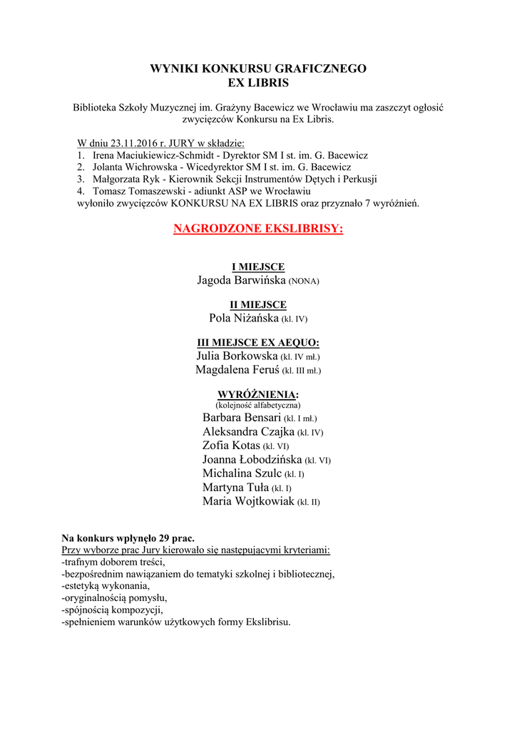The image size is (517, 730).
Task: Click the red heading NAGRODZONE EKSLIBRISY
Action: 258,229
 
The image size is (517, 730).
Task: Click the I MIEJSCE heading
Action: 258,267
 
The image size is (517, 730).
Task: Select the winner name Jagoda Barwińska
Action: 241,280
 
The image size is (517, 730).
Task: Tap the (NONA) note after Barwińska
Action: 304,282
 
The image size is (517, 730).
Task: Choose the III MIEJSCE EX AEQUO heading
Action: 258,342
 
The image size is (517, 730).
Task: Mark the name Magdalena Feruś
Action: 237,369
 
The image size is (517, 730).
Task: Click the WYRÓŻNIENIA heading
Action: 258,394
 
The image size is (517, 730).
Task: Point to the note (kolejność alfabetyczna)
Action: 258,405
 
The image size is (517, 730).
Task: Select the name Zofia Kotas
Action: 231,446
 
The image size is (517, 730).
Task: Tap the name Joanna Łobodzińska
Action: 252,460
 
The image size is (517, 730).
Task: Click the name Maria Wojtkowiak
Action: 248,501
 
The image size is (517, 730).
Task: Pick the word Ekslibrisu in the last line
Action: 267,622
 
